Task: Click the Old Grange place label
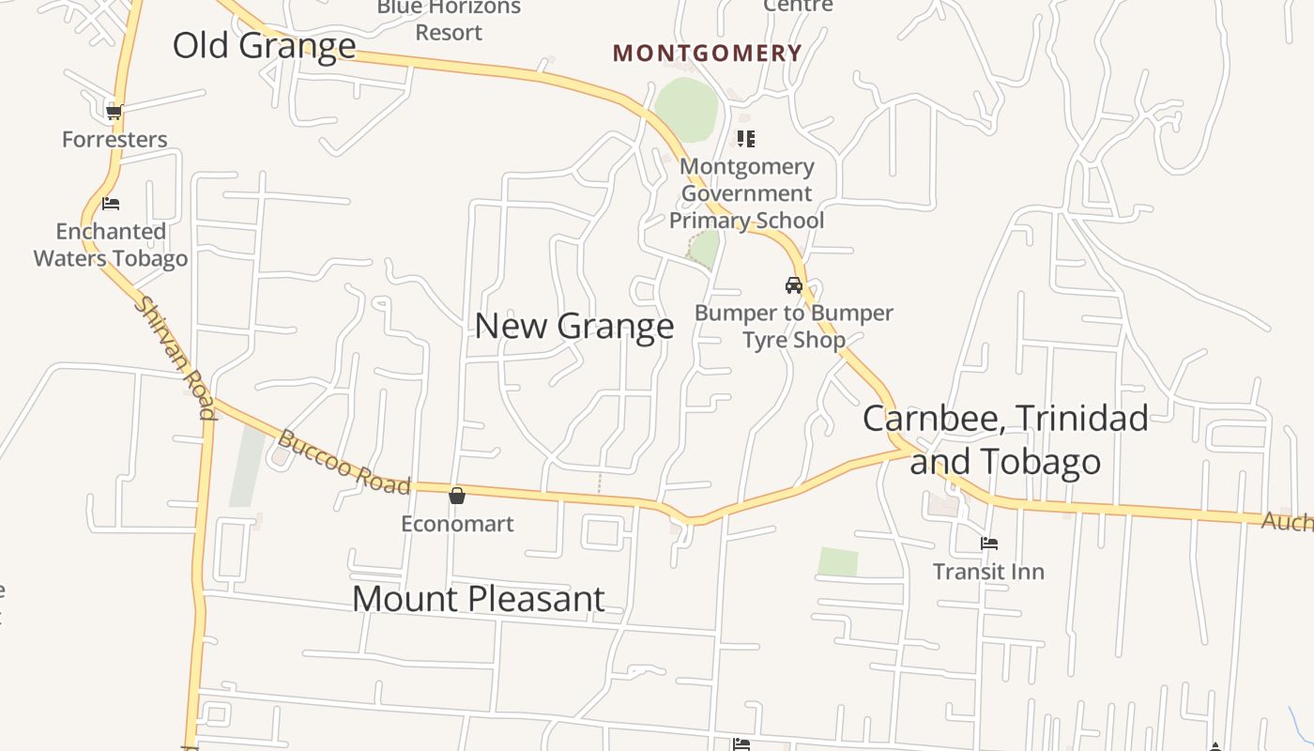tap(264, 45)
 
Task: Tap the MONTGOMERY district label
tap(707, 54)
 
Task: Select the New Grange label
tap(573, 326)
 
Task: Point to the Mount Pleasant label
tap(478, 599)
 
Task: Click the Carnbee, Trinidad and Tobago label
tap(1005, 439)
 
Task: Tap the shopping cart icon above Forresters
tap(115, 113)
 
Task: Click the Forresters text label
tap(115, 140)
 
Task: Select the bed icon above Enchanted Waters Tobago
tap(111, 204)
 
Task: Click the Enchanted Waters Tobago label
tap(111, 245)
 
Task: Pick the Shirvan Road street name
tap(175, 356)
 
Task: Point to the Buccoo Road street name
tap(344, 462)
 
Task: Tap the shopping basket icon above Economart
tap(457, 496)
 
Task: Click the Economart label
tap(457, 524)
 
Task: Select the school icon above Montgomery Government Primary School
tap(746, 139)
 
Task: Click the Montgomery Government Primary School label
tap(746, 193)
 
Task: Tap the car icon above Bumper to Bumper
tap(794, 285)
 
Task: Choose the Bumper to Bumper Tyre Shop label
tap(794, 327)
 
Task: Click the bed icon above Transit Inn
tap(988, 544)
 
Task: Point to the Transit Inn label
tap(988, 572)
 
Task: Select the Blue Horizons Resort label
tap(449, 20)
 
